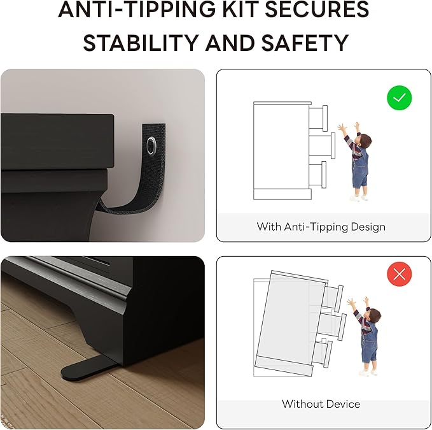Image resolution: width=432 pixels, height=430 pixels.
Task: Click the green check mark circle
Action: pos(399,97)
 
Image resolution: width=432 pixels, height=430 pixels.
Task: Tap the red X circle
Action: pos(399,274)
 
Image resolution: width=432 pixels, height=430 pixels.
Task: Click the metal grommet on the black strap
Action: pos(151,145)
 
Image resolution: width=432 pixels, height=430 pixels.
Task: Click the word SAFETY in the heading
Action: pos(305,43)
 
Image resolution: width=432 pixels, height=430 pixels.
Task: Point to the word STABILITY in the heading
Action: pos(141,43)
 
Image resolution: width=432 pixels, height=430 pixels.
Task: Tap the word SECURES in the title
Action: pos(317,9)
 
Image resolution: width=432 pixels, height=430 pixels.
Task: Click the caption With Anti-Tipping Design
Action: pos(321,227)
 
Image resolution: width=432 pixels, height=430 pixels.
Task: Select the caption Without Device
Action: pos(321,404)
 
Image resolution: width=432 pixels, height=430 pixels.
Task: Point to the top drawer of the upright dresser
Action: pos(318,118)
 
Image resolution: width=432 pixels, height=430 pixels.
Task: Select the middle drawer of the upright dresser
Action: pos(322,146)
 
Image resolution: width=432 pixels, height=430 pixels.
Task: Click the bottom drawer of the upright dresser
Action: pos(317,175)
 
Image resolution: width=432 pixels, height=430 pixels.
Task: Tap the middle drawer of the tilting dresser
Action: pos(333,326)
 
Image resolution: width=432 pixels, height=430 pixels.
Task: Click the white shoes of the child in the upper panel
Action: pos(358,197)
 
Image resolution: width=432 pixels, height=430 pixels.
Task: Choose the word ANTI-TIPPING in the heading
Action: pos(137,9)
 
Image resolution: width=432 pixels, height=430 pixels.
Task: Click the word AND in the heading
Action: pos(230,43)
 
